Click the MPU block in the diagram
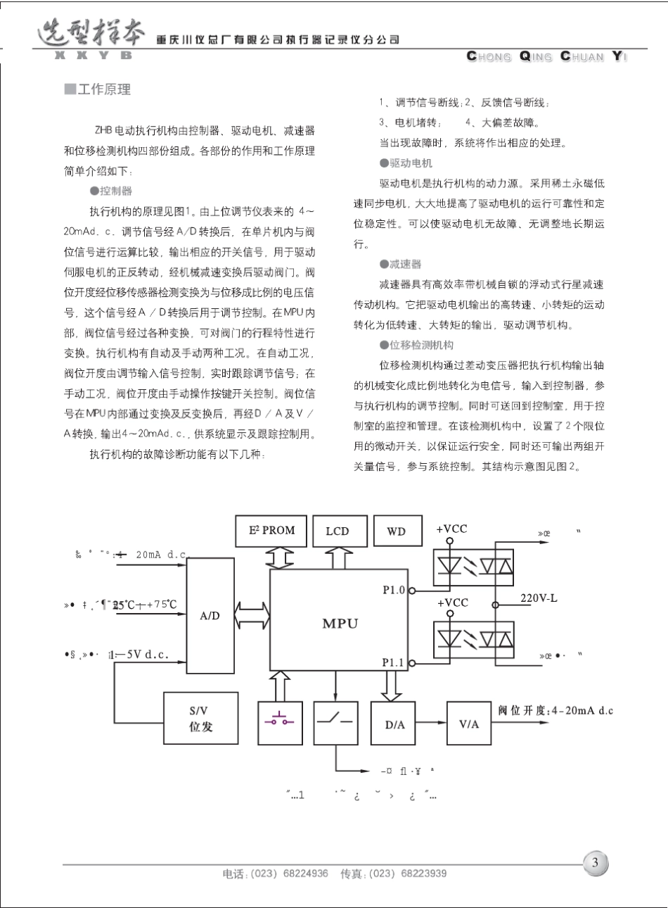(x=340, y=624)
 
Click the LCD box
(x=337, y=531)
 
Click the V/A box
(x=469, y=724)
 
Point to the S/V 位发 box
(x=200, y=719)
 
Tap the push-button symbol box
(x=280, y=719)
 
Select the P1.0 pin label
(x=393, y=590)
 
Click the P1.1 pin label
(x=393, y=662)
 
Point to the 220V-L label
(x=540, y=598)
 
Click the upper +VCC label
(x=451, y=529)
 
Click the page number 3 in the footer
(x=595, y=863)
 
